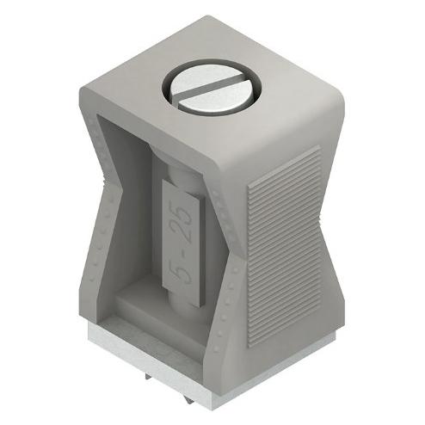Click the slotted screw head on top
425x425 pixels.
click(x=212, y=88)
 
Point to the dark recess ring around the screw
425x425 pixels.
click(x=212, y=87)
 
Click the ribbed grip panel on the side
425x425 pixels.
click(x=284, y=247)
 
